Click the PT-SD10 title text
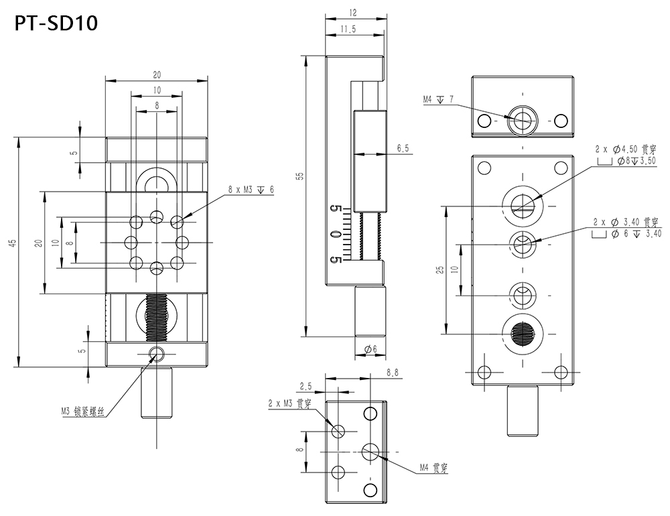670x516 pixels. coord(56,23)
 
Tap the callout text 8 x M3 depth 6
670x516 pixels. coord(251,190)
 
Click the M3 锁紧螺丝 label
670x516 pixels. coord(83,411)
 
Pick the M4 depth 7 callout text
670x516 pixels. coord(438,100)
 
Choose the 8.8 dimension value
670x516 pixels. coord(393,372)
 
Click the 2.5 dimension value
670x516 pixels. coord(306,386)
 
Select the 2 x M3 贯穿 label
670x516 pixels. coord(289,403)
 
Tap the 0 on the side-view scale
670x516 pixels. coord(333,234)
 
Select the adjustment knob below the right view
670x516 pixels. coord(523,409)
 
